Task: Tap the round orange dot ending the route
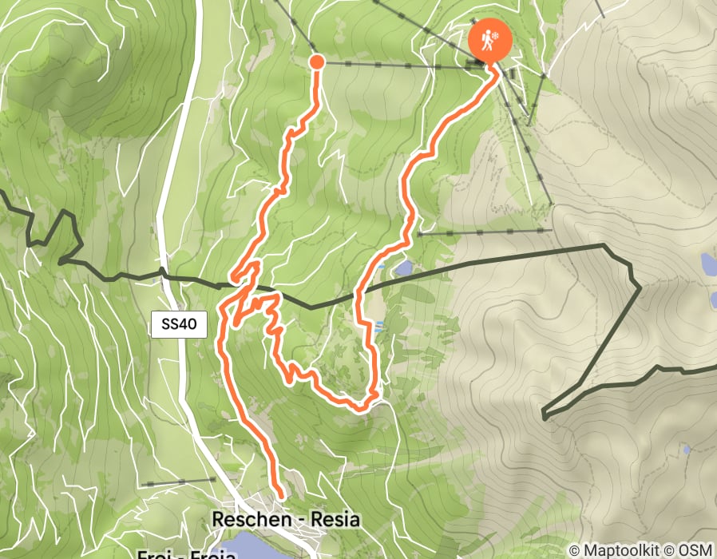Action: (316, 61)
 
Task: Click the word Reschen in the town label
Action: (248, 520)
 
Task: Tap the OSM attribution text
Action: (697, 551)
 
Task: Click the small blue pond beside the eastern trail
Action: (404, 268)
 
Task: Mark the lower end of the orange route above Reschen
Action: (280, 496)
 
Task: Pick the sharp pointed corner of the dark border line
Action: (544, 415)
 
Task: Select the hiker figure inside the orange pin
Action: (484, 38)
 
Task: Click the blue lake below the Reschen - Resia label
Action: (248, 549)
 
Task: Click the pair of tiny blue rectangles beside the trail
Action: (378, 325)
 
